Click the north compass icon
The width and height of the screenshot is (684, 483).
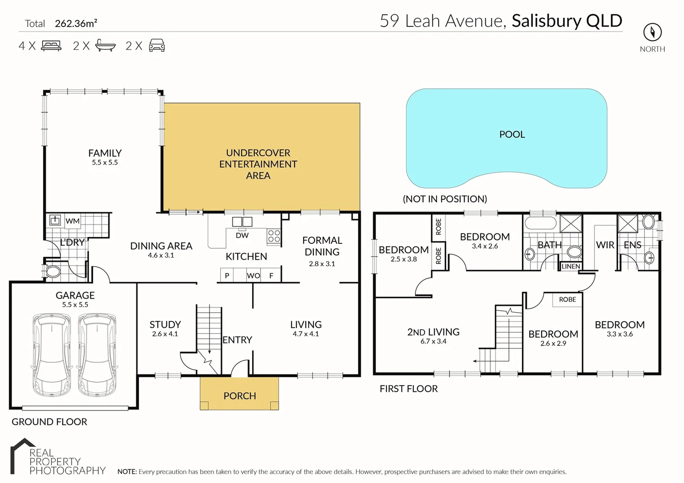[x=652, y=32]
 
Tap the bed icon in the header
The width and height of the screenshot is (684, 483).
[x=51, y=46]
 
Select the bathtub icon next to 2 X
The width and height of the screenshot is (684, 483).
[x=106, y=46]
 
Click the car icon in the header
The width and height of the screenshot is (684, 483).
[x=157, y=46]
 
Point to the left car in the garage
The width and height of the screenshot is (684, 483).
[x=52, y=354]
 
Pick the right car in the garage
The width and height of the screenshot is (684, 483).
[x=97, y=354]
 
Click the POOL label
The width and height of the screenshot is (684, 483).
[x=512, y=135]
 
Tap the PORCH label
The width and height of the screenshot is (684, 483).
[x=239, y=396]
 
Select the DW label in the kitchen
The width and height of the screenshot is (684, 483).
[x=242, y=235]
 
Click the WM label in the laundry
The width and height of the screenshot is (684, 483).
[x=73, y=221]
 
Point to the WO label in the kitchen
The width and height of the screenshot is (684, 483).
[x=253, y=275]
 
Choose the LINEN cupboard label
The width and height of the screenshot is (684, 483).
[x=571, y=267]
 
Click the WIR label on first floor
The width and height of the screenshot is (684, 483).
[x=605, y=245]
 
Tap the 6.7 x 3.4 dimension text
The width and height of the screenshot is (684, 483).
[x=433, y=341]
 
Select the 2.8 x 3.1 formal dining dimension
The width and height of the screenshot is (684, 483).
[x=322, y=264]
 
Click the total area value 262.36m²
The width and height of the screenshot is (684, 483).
[x=76, y=23]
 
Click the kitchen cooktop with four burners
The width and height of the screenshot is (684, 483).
[x=274, y=237]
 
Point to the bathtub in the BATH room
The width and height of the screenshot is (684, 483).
[x=540, y=223]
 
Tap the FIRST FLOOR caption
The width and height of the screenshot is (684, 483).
[x=408, y=389]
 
